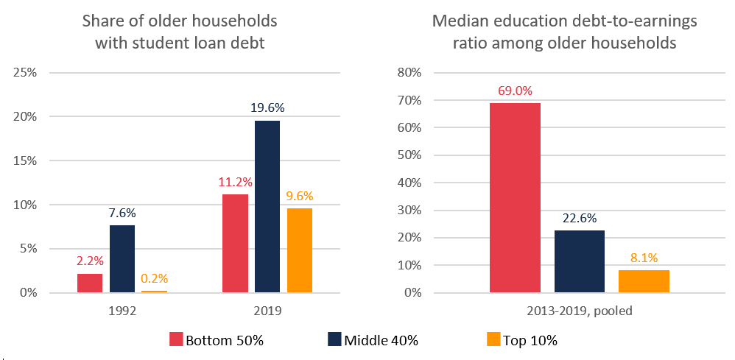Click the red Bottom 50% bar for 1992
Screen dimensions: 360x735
[90, 283]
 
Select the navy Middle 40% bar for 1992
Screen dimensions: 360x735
[122, 258]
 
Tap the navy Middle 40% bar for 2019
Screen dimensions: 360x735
[267, 206]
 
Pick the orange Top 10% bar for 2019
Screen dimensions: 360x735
[299, 250]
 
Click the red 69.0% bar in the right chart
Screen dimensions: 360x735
[515, 197]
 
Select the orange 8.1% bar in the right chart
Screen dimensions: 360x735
[644, 281]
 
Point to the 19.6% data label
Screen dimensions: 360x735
[267, 107]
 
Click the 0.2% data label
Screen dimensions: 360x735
[155, 278]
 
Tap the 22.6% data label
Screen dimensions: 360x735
[579, 218]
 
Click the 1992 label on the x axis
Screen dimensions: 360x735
[122, 311]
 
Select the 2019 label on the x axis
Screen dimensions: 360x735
[267, 311]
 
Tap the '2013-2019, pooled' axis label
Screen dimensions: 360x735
[579, 311]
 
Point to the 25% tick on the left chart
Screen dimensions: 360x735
[32, 73]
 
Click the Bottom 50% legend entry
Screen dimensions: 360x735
[217, 340]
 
